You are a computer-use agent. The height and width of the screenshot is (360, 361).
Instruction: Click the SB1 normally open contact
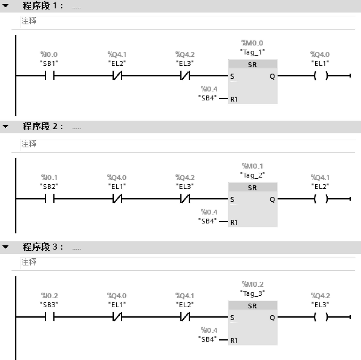click(x=49, y=76)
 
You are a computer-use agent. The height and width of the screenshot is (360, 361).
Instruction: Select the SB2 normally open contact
click(x=49, y=199)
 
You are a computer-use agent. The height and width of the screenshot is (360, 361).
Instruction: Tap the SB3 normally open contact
click(x=49, y=317)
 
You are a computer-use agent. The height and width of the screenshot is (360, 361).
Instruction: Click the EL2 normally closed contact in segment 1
click(x=117, y=76)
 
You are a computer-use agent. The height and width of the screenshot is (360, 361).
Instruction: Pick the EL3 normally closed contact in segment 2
click(x=185, y=199)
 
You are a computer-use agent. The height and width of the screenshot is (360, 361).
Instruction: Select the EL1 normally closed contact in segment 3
click(x=117, y=317)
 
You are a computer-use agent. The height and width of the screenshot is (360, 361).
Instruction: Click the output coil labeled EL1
click(x=321, y=76)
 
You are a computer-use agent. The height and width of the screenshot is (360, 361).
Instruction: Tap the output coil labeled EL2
click(x=321, y=199)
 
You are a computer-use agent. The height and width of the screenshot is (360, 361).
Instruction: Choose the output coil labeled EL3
click(x=321, y=317)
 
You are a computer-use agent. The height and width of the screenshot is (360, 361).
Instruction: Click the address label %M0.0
click(x=252, y=43)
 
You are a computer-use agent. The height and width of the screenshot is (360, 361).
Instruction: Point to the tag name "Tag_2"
click(x=252, y=174)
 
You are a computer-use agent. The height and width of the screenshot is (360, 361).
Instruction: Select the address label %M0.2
click(x=252, y=284)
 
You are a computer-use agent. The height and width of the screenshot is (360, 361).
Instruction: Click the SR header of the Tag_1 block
click(x=252, y=65)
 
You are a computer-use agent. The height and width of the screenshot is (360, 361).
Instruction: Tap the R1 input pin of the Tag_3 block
click(x=234, y=340)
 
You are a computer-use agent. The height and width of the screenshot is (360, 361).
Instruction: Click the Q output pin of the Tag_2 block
click(x=272, y=200)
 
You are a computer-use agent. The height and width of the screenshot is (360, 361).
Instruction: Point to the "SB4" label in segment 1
click(x=208, y=98)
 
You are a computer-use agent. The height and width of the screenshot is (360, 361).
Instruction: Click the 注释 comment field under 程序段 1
click(x=29, y=21)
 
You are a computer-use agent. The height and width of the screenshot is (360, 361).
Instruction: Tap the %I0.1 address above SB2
click(x=49, y=178)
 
